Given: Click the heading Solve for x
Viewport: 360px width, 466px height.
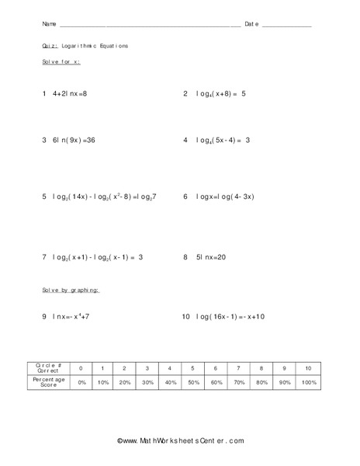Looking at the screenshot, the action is click(61, 61).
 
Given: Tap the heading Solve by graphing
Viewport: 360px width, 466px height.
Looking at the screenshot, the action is click(71, 290).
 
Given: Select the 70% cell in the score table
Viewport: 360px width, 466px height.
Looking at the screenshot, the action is click(238, 383).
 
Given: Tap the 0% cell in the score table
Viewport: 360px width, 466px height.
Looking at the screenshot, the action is click(81, 383).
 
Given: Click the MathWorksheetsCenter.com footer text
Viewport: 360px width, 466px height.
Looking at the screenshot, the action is click(181, 441).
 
